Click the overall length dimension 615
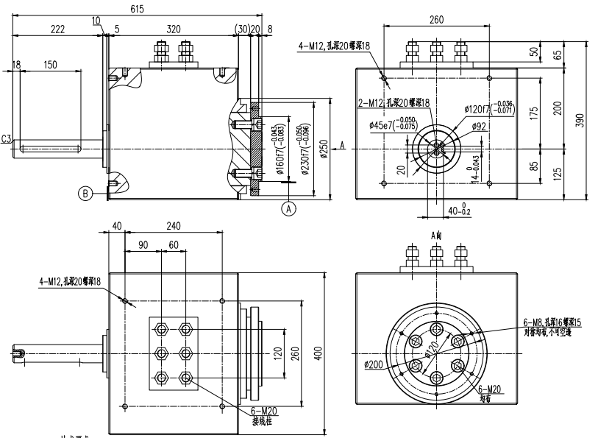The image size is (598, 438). click(x=137, y=8)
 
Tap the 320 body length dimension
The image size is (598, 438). click(x=174, y=29)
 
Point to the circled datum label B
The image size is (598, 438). click(x=85, y=194)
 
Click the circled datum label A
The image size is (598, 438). click(x=289, y=208)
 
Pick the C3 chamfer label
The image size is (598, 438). click(x=7, y=138)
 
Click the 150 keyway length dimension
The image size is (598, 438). click(x=50, y=65)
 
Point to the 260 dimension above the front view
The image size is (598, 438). click(x=435, y=20)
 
